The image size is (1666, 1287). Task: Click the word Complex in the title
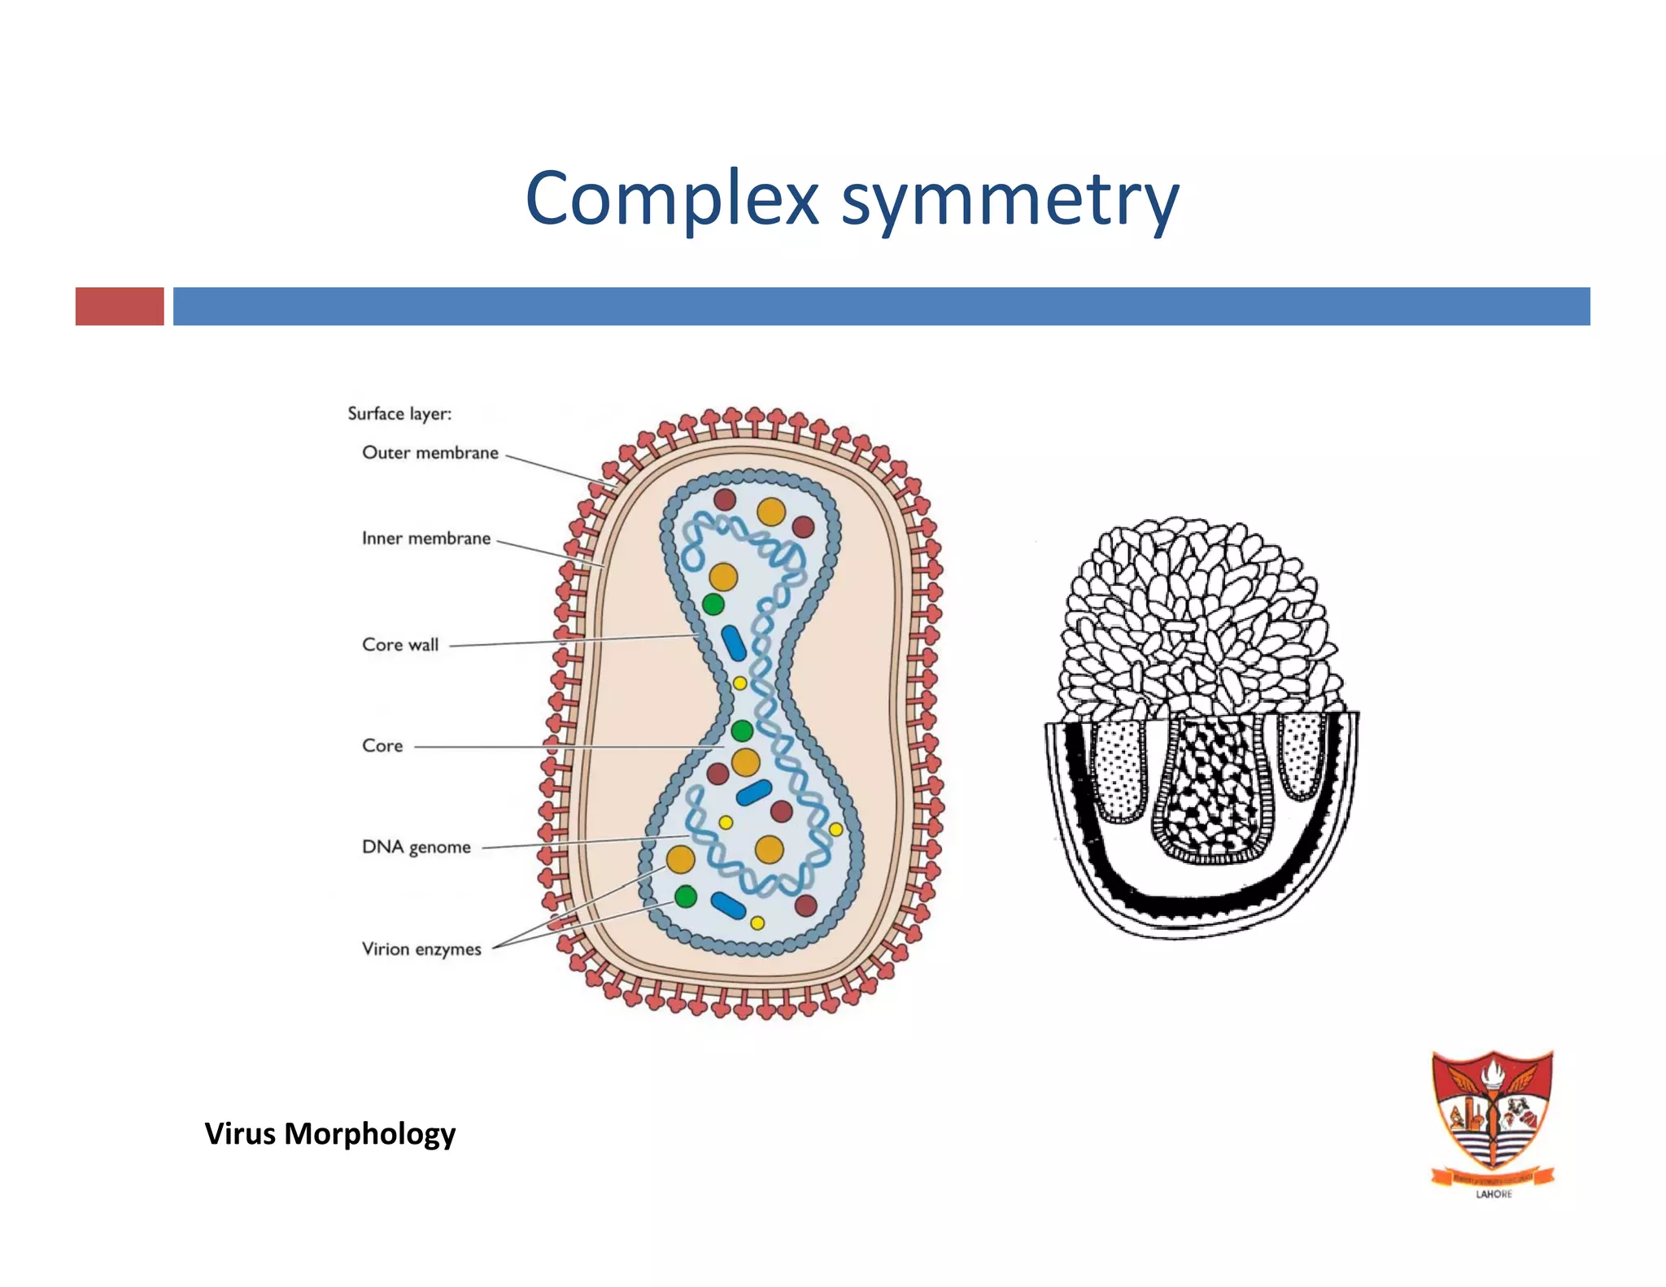click(x=672, y=199)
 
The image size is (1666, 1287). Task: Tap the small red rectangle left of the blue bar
click(x=120, y=306)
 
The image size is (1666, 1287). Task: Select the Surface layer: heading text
click(x=399, y=413)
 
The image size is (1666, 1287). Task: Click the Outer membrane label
click(x=430, y=453)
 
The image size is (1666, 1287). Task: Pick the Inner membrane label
click(x=425, y=539)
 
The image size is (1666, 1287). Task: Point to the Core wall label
click(x=400, y=645)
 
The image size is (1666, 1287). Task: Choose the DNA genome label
click(x=416, y=848)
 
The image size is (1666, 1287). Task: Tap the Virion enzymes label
click(x=421, y=949)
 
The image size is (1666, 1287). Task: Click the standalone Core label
click(x=382, y=746)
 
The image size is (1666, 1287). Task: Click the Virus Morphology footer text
click(x=329, y=1133)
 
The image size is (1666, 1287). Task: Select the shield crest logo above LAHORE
click(x=1493, y=1115)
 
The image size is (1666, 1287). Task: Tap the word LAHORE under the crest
click(x=1494, y=1194)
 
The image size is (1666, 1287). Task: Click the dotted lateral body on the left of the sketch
click(x=1119, y=769)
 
